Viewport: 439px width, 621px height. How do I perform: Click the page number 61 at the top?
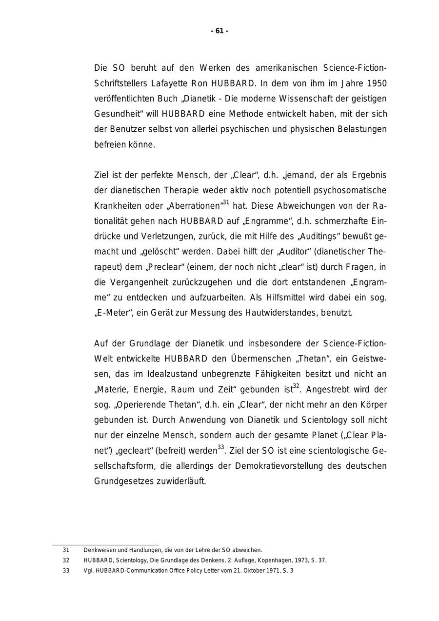(x=219, y=31)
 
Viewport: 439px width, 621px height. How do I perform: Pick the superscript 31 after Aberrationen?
(x=226, y=202)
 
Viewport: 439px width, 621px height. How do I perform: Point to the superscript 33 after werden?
(x=221, y=447)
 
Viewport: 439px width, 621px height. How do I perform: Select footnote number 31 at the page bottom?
(x=66, y=550)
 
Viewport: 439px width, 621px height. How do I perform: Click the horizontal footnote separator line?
(x=105, y=544)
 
